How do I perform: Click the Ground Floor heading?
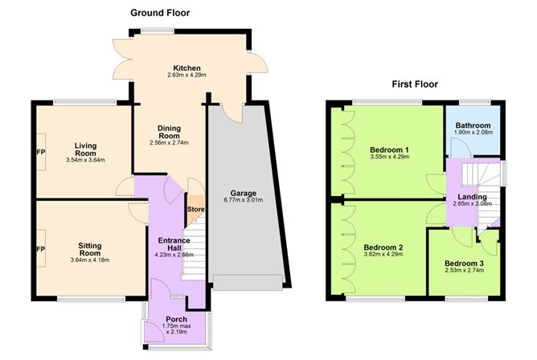pyautogui.click(x=160, y=13)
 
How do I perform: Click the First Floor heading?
pyautogui.click(x=415, y=84)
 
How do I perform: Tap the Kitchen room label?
pyautogui.click(x=187, y=68)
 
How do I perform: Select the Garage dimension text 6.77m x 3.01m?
pyautogui.click(x=243, y=200)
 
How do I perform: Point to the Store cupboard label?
pyautogui.click(x=195, y=209)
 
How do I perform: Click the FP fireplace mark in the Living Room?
pyautogui.click(x=41, y=152)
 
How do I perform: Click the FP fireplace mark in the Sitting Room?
pyautogui.click(x=41, y=249)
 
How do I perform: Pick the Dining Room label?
pyautogui.click(x=169, y=132)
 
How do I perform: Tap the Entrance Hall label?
pyautogui.click(x=174, y=244)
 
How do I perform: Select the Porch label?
pyautogui.click(x=176, y=319)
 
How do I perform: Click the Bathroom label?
pyautogui.click(x=473, y=125)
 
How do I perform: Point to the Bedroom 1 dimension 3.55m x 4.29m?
pyautogui.click(x=389, y=157)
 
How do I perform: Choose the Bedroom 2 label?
pyautogui.click(x=383, y=247)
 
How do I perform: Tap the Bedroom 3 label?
pyautogui.click(x=464, y=264)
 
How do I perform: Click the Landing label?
pyautogui.click(x=472, y=197)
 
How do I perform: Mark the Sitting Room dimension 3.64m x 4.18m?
pyautogui.click(x=90, y=260)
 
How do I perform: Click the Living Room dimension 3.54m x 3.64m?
pyautogui.click(x=85, y=160)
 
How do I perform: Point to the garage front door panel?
pyautogui.click(x=248, y=283)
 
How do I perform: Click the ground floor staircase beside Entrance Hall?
pyautogui.click(x=193, y=249)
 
